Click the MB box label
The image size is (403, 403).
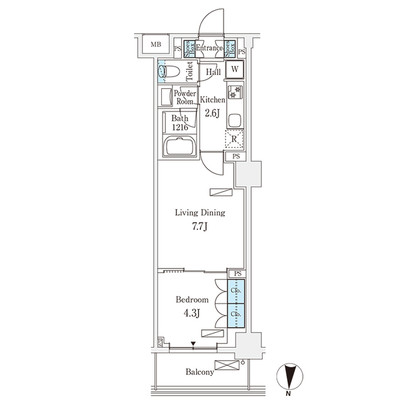(154, 45)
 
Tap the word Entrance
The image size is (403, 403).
(209, 48)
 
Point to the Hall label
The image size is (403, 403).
(213, 72)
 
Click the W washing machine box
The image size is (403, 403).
(234, 70)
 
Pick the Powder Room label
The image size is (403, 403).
(185, 97)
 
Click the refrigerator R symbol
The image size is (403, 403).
(234, 139)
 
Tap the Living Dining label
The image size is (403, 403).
(200, 213)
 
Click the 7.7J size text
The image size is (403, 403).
(200, 227)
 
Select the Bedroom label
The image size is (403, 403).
(192, 300)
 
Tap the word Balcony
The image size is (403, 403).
(200, 372)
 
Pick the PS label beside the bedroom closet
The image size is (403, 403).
(237, 274)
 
